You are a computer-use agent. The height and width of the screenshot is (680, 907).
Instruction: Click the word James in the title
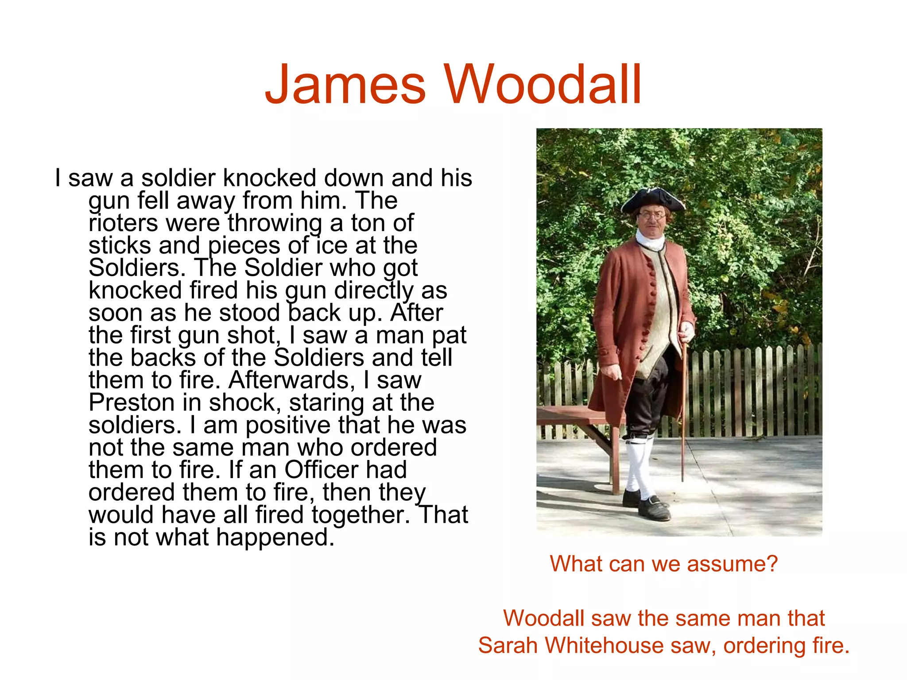(x=345, y=84)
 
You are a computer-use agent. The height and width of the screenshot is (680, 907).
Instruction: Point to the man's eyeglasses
(x=652, y=216)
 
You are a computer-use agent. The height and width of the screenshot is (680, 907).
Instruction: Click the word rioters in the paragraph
(x=123, y=223)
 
